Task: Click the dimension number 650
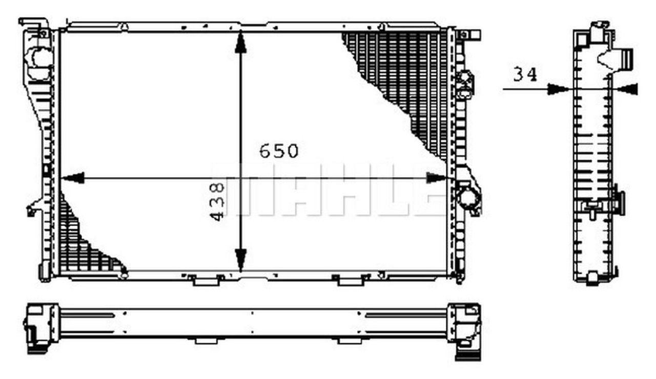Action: pyautogui.click(x=278, y=151)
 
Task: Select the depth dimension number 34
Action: pyautogui.click(x=525, y=75)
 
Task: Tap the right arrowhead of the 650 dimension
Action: pyautogui.click(x=437, y=178)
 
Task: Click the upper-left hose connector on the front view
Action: pyautogui.click(x=40, y=57)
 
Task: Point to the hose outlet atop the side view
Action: pyautogui.click(x=626, y=57)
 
